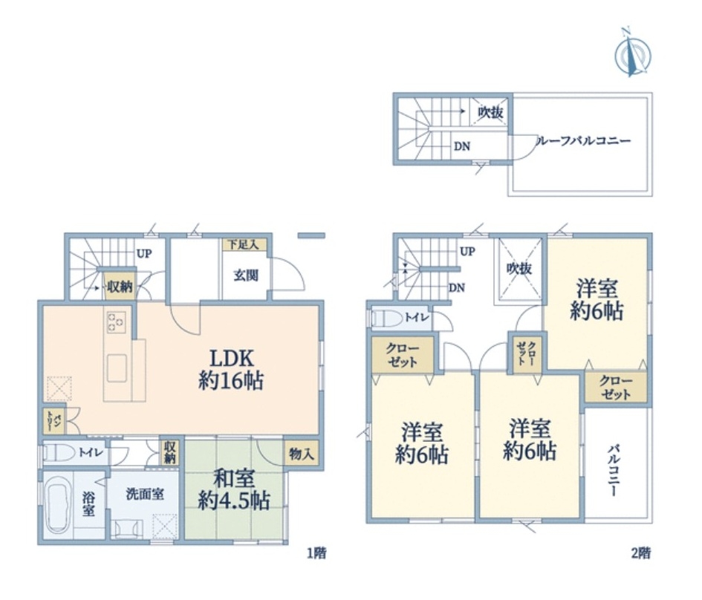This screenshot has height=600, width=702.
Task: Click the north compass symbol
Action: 633,52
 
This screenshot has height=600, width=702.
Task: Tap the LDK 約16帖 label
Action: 231,370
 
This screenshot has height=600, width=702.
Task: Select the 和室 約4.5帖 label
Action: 234,489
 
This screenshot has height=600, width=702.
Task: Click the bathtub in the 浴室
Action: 58,504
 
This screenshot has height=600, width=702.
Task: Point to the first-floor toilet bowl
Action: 59,452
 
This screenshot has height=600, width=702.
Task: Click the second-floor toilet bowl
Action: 387,319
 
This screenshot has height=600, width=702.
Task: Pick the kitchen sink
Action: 117,368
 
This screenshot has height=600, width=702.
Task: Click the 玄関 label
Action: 246,275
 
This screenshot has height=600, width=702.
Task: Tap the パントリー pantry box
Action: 54,420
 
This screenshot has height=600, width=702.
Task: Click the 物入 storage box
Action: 302,454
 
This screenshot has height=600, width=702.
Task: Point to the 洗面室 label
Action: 145,495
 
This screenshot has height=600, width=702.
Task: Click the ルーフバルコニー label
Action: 583,141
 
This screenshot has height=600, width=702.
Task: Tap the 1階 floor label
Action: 316,553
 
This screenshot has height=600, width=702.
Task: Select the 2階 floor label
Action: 640,553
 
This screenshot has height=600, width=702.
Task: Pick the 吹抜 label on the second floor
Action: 519,269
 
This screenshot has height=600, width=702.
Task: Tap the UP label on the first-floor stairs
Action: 143,254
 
